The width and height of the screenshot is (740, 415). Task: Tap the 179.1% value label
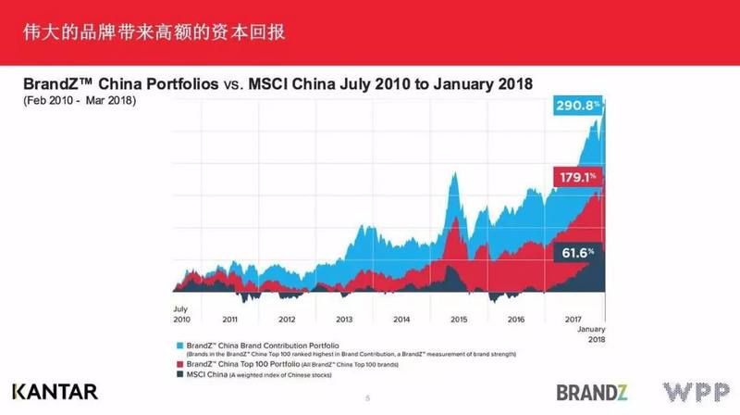click(x=577, y=176)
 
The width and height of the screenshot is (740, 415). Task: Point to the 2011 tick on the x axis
click(x=230, y=318)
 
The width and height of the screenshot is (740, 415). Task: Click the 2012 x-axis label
click(x=288, y=318)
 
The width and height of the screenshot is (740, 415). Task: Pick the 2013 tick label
click(x=344, y=318)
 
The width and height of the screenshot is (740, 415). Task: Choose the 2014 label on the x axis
click(x=401, y=318)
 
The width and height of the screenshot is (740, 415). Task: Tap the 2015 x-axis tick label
click(x=458, y=318)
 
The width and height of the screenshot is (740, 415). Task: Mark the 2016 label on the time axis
click(x=515, y=318)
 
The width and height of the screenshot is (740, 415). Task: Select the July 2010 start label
click(x=181, y=313)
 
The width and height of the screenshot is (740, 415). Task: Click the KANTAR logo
click(x=55, y=392)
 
